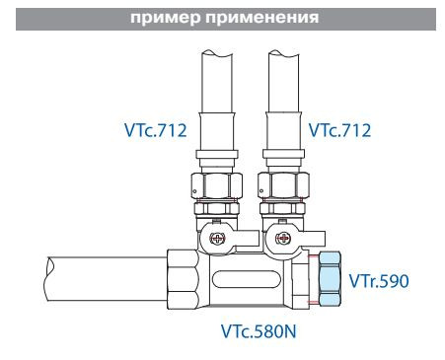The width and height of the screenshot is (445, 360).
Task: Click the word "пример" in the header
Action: click(x=182, y=12)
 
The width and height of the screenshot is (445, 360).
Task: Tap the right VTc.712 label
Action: click(x=339, y=128)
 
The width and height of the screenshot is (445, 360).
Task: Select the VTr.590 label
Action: click(x=379, y=281)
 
